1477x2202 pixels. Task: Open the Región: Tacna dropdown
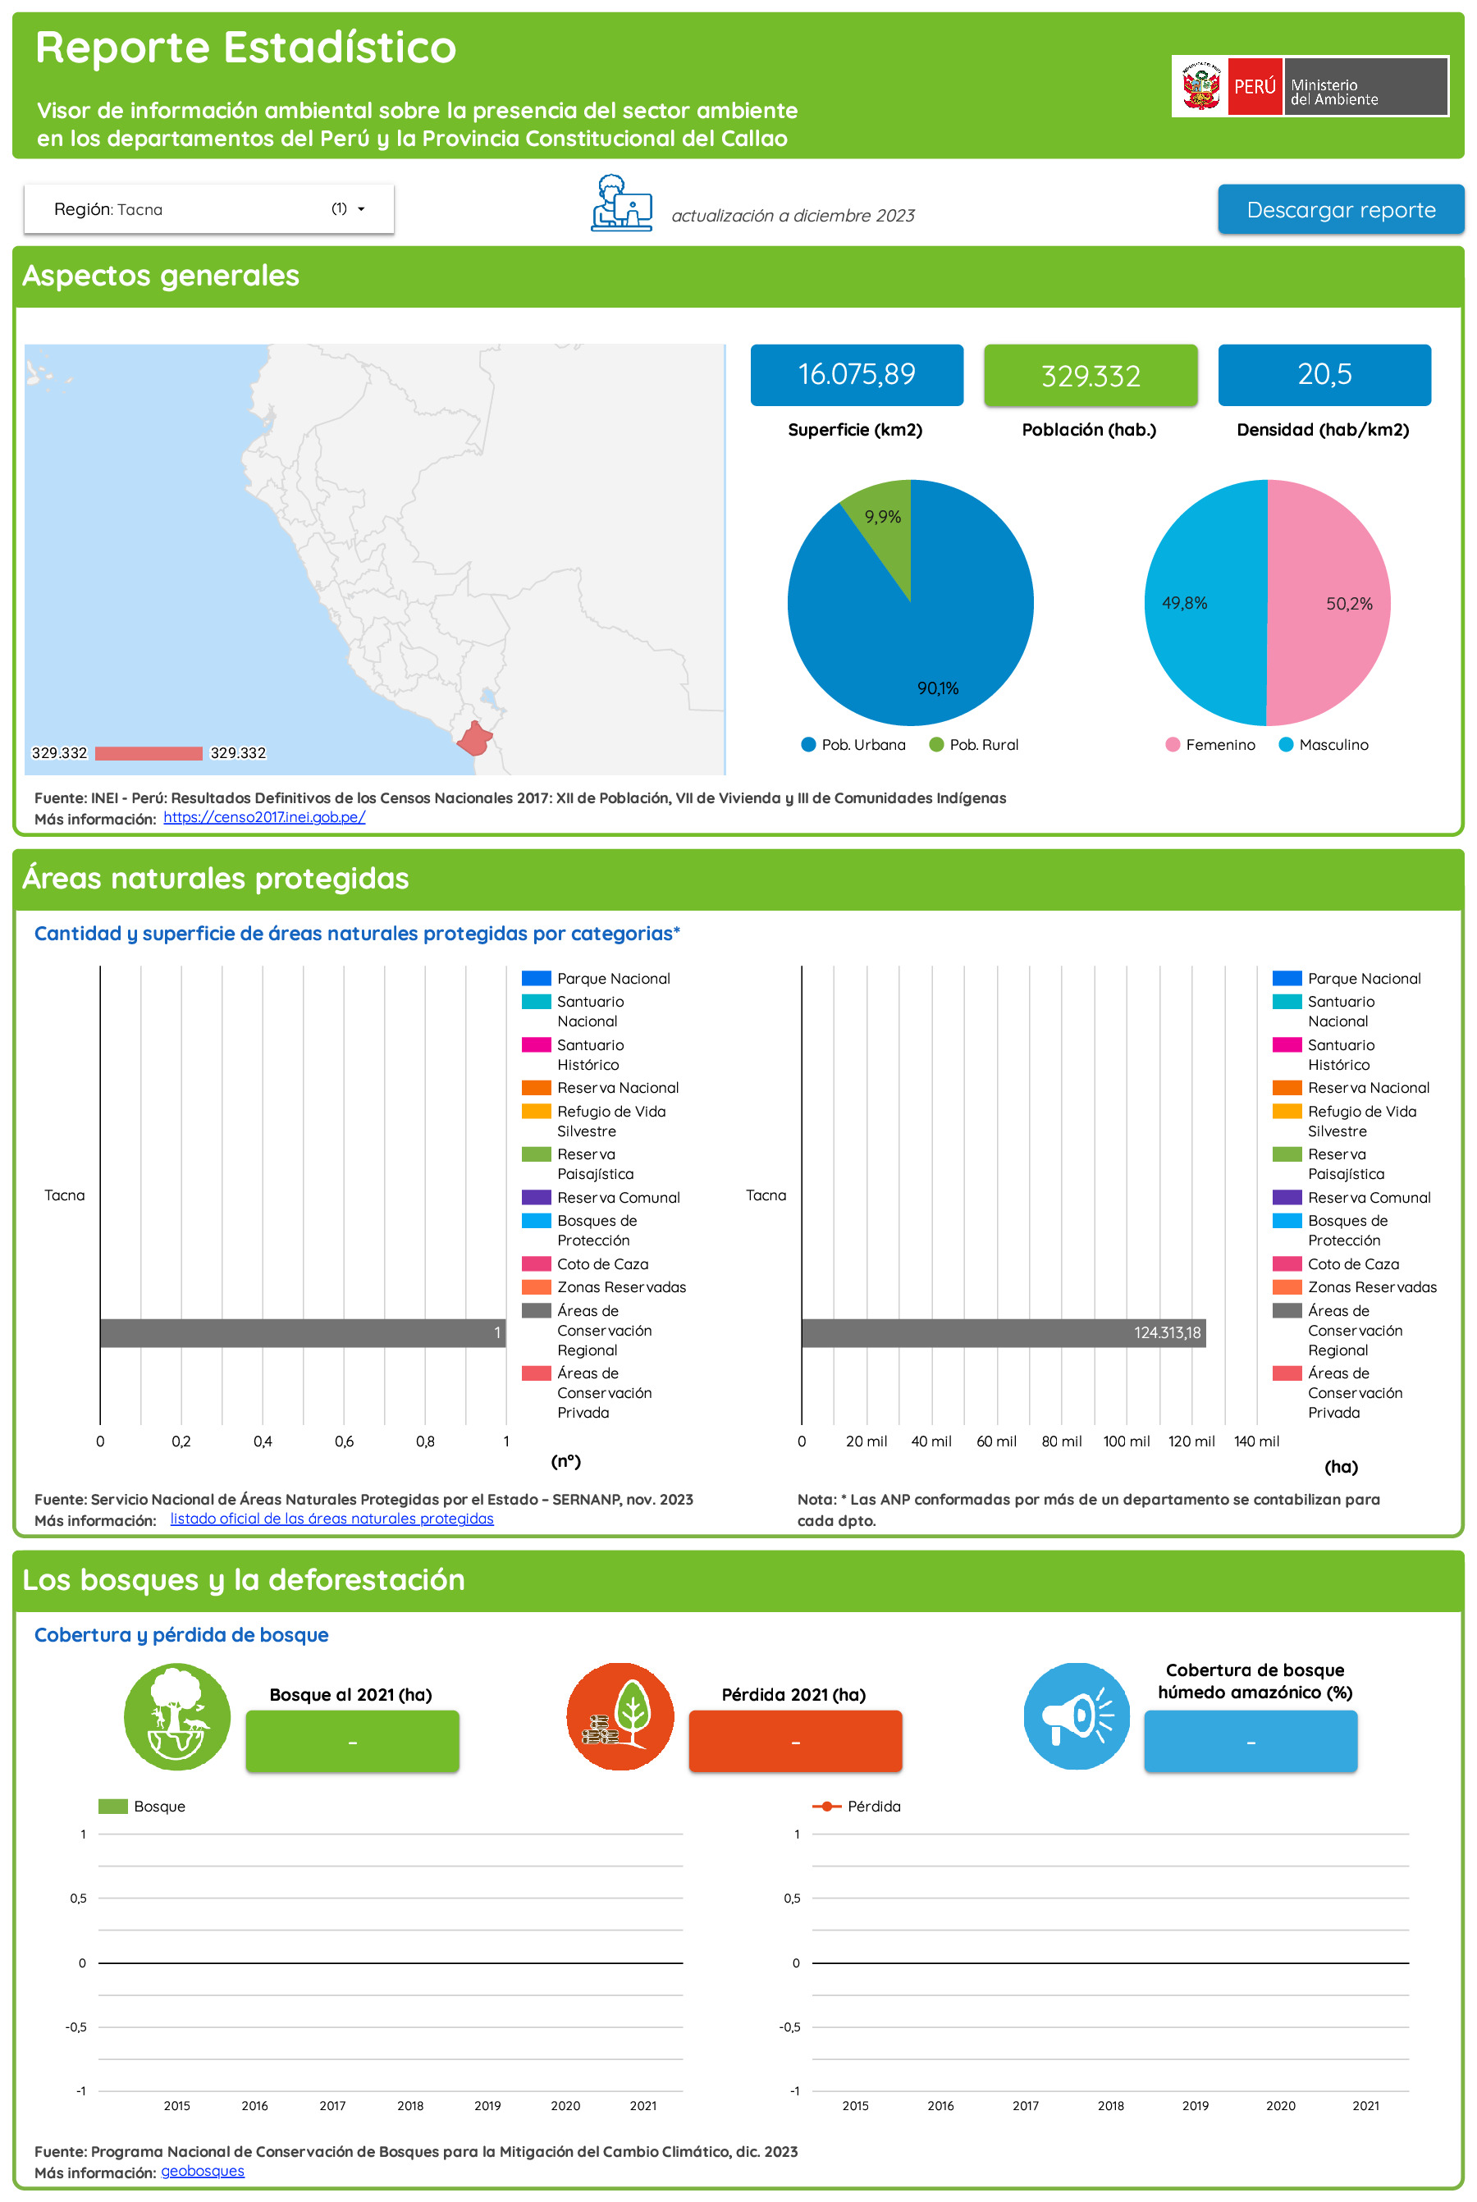pos(208,209)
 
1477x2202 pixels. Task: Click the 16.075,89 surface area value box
pos(856,375)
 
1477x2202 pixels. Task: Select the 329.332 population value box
pos(1090,376)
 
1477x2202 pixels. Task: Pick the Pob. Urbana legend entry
pos(853,745)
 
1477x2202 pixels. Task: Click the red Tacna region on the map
pos(473,739)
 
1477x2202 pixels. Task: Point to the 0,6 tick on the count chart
pos(344,1441)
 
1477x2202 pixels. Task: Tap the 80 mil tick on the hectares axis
pos(1061,1441)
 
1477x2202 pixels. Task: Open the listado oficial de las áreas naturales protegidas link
pos(332,1519)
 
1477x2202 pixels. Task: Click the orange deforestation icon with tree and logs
pos(620,1716)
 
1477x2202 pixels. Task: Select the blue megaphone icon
pos(1076,1716)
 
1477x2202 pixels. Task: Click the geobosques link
pos(203,2171)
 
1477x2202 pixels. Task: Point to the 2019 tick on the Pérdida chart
pos(1196,2106)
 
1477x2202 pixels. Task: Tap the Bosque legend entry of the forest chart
pos(142,1807)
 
